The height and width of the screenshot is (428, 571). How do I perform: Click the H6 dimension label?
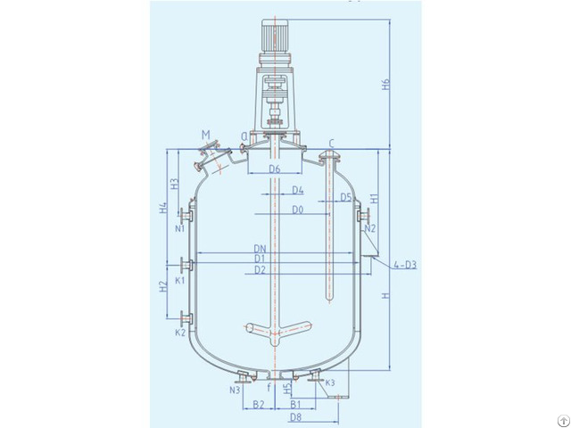pyautogui.click(x=385, y=86)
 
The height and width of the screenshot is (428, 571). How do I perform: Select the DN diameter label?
pyautogui.click(x=261, y=248)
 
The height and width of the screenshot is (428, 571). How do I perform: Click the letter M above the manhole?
pyautogui.click(x=206, y=136)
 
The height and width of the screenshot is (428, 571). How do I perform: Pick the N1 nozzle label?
pyautogui.click(x=180, y=229)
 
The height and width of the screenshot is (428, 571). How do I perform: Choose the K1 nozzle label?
pyautogui.click(x=180, y=281)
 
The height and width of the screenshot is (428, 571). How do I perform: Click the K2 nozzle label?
pyautogui.click(x=180, y=333)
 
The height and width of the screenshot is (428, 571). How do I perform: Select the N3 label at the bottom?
pyautogui.click(x=235, y=390)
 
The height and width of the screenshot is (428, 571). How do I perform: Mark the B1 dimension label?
pyautogui.click(x=295, y=405)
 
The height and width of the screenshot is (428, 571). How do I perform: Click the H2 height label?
pyautogui.click(x=163, y=287)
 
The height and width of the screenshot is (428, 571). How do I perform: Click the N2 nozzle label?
pyautogui.click(x=371, y=229)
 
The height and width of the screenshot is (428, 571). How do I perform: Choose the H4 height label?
pyautogui.click(x=163, y=210)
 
